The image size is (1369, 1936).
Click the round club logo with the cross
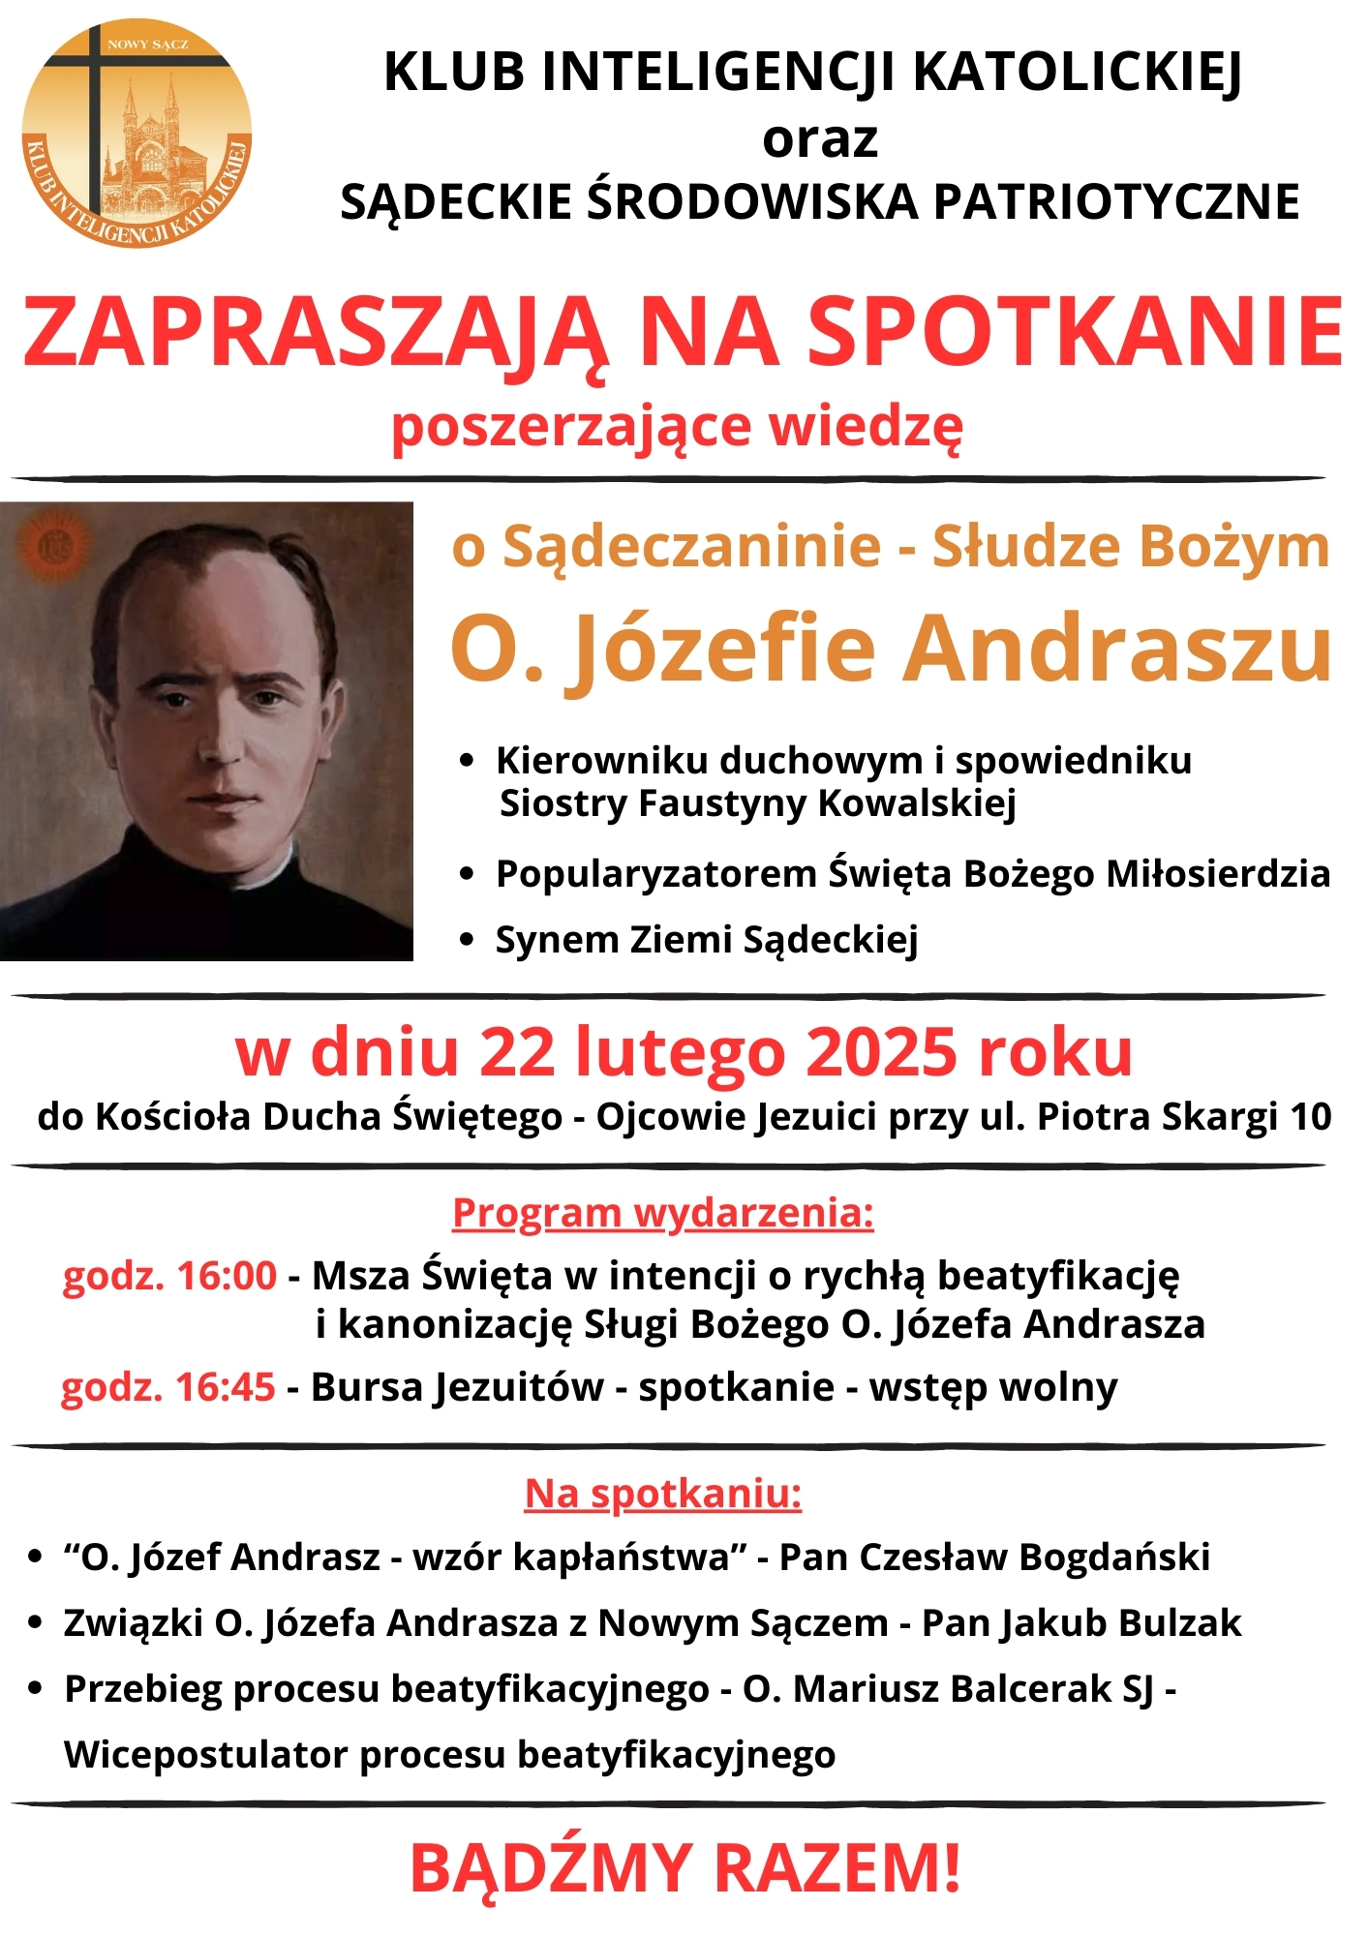[x=137, y=133]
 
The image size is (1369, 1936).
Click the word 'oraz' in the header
[x=819, y=139]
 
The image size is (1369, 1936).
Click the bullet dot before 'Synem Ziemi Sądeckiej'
[x=468, y=939]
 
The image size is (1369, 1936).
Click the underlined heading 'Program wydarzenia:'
[x=662, y=1213]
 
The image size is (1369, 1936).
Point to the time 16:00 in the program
[x=227, y=1276]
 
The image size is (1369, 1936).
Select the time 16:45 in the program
[x=226, y=1387]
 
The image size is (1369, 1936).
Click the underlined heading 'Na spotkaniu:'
[x=663, y=1494]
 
